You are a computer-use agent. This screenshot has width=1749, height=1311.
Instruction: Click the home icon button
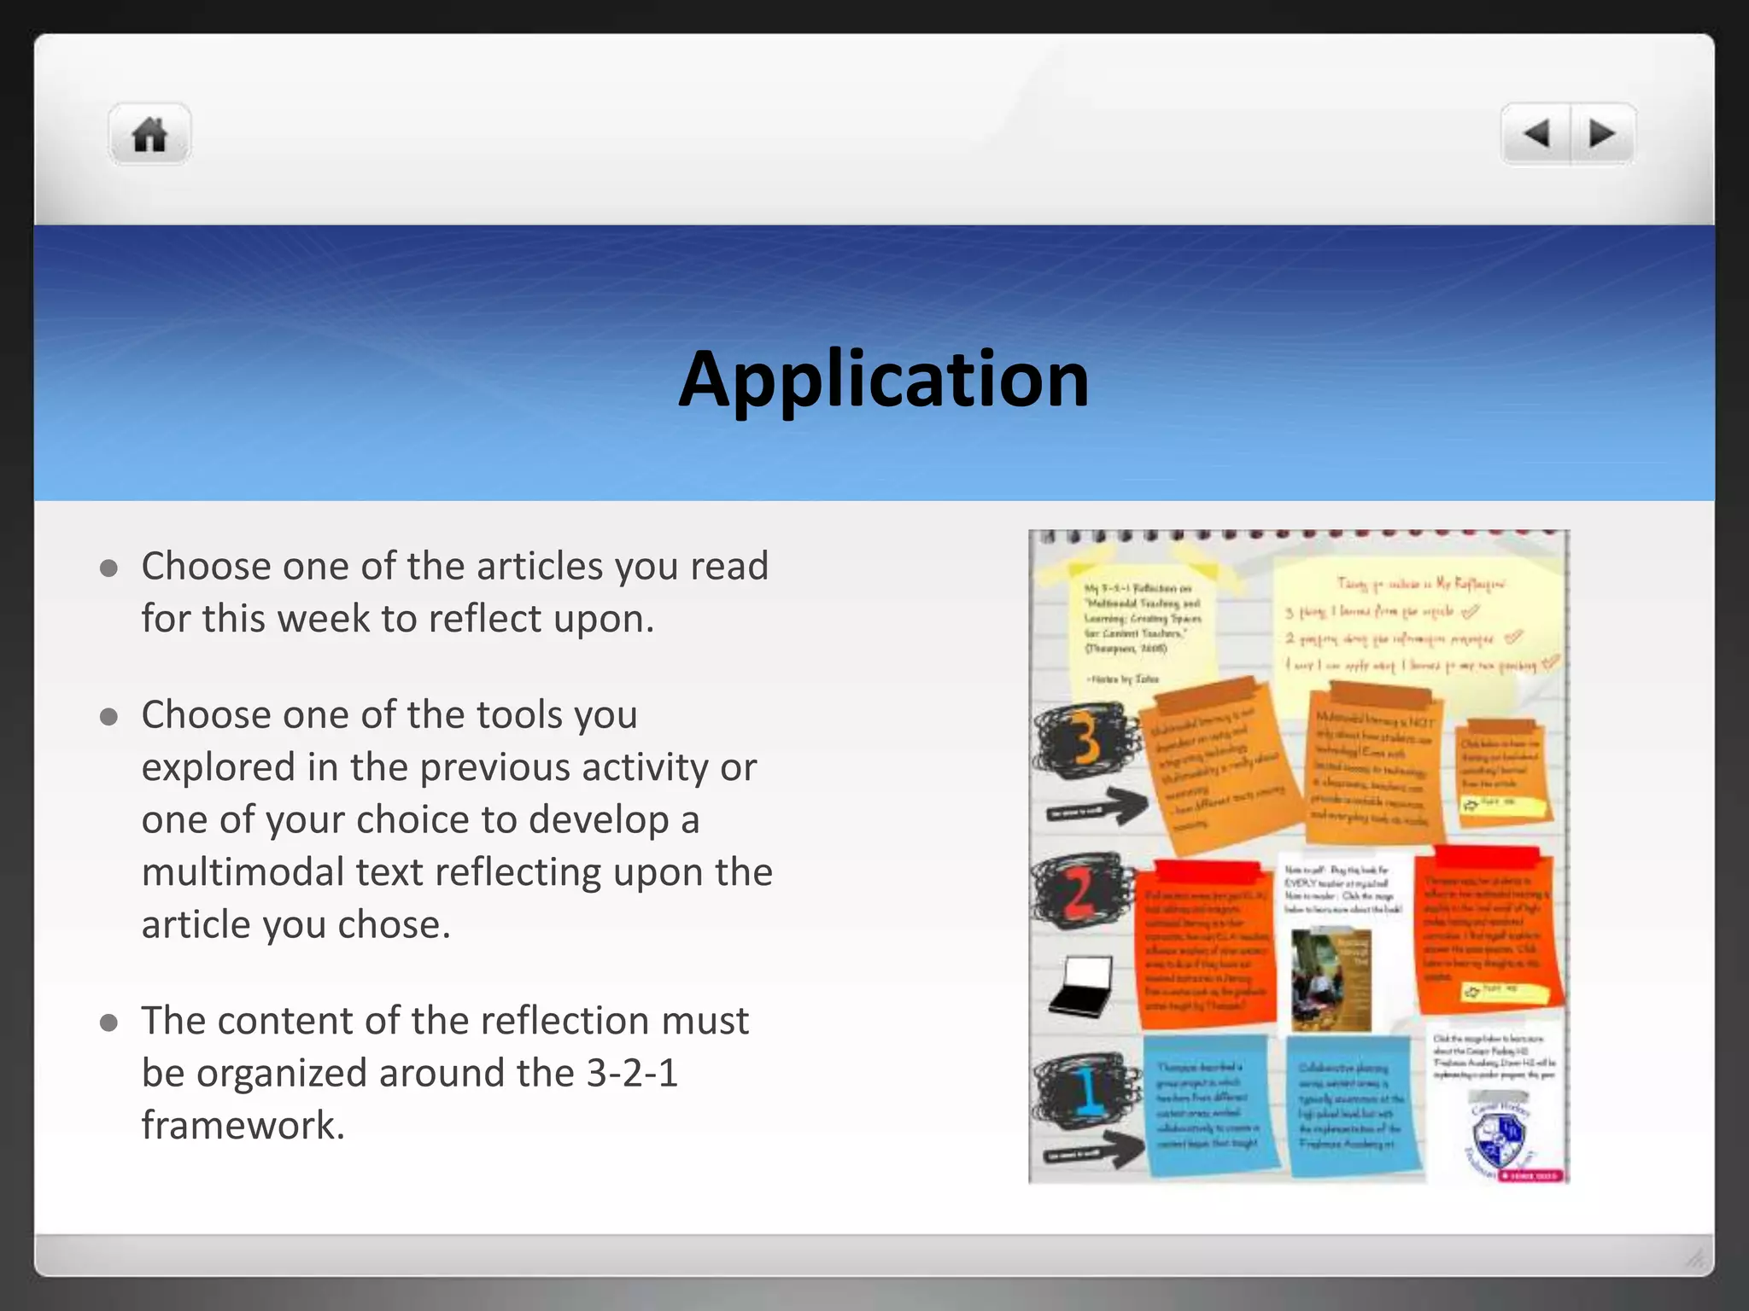click(149, 134)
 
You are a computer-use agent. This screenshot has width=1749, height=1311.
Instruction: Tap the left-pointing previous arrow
click(1536, 134)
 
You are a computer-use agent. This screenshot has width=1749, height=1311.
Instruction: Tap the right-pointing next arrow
click(1602, 134)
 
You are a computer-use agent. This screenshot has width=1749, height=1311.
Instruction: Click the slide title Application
click(884, 378)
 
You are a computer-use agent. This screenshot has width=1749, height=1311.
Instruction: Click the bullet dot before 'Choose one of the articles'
click(108, 568)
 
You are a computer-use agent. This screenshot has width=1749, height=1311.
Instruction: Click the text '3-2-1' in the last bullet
click(632, 1073)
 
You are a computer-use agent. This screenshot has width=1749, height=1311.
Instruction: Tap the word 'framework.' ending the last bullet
click(243, 1125)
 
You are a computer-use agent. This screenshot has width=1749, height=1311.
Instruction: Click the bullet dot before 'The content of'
click(108, 1023)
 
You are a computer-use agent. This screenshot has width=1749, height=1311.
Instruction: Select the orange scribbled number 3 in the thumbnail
click(1085, 739)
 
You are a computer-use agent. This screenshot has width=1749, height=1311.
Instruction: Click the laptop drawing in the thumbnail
click(1081, 987)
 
